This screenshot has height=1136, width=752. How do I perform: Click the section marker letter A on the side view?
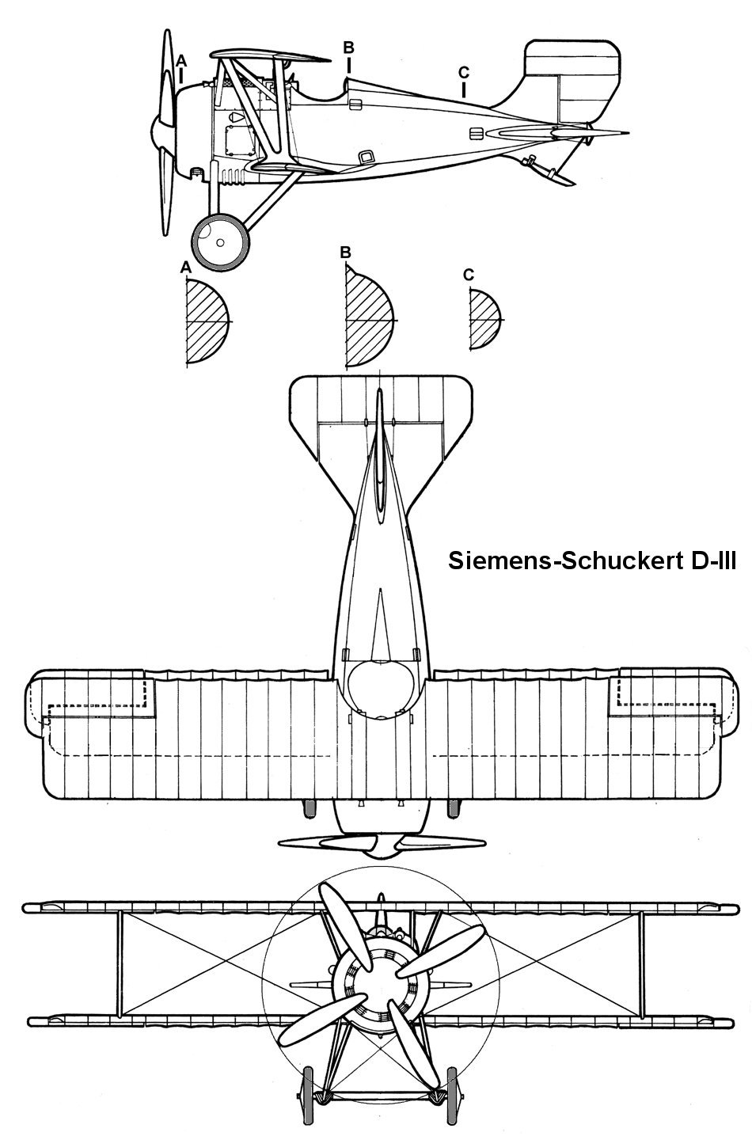182,60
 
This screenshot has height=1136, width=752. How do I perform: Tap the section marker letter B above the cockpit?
348,47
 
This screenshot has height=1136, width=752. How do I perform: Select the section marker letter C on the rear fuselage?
463,72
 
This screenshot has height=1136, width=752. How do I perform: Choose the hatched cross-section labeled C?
484,320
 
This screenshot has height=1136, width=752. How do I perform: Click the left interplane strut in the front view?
120,963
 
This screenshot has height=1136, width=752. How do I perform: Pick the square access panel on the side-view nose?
237,142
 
